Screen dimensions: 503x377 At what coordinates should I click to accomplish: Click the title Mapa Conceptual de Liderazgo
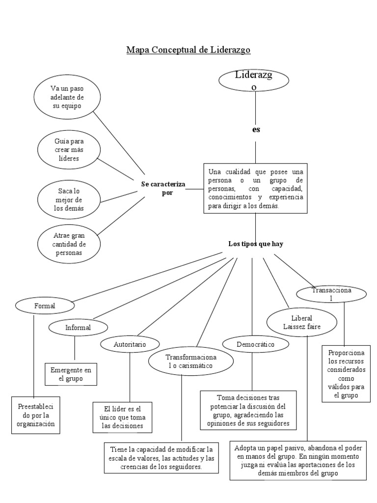188,50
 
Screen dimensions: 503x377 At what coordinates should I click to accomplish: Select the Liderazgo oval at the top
254,81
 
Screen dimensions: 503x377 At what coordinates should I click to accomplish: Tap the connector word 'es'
256,130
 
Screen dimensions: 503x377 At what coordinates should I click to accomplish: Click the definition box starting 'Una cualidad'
255,189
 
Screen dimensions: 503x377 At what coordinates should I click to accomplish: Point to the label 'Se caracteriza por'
162,188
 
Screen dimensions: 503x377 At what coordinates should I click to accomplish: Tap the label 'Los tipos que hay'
255,244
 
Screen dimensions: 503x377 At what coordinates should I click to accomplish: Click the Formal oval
45,306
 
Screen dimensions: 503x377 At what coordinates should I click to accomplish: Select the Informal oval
78,327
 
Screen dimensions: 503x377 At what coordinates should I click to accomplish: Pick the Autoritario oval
130,344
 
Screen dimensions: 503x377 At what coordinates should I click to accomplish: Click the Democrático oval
255,344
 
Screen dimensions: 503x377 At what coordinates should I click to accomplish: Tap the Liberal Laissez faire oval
301,322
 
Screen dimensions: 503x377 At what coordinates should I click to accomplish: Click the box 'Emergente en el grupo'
71,374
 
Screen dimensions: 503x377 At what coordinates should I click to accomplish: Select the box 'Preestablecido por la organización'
36,416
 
